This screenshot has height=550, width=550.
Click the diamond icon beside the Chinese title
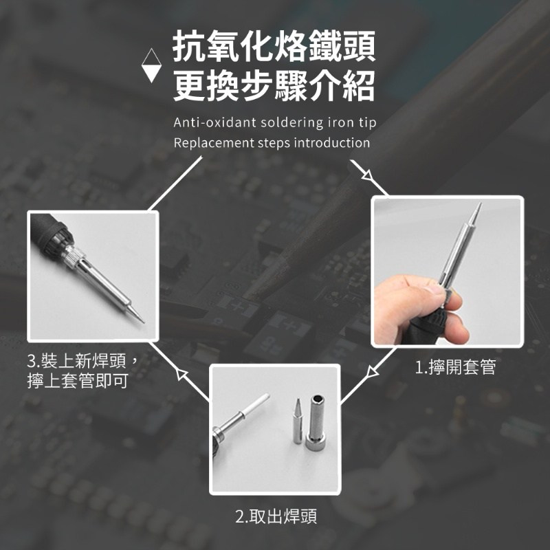(x=151, y=65)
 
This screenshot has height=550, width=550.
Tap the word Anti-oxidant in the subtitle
(x=214, y=123)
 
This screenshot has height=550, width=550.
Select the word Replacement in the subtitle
(x=214, y=143)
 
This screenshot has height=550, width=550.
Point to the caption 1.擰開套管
(x=455, y=367)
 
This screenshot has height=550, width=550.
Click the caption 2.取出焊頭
(x=276, y=516)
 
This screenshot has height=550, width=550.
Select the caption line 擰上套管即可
(x=78, y=381)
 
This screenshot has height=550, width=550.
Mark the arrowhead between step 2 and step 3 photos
(x=181, y=374)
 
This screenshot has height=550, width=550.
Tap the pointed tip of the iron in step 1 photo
(x=480, y=203)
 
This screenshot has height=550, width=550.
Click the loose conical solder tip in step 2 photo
(x=298, y=421)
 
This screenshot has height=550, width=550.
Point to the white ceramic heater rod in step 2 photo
(x=254, y=404)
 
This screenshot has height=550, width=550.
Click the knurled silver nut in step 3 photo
(x=74, y=256)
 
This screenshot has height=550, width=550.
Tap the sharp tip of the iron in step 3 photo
(x=142, y=321)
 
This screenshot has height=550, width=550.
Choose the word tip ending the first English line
(x=367, y=123)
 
